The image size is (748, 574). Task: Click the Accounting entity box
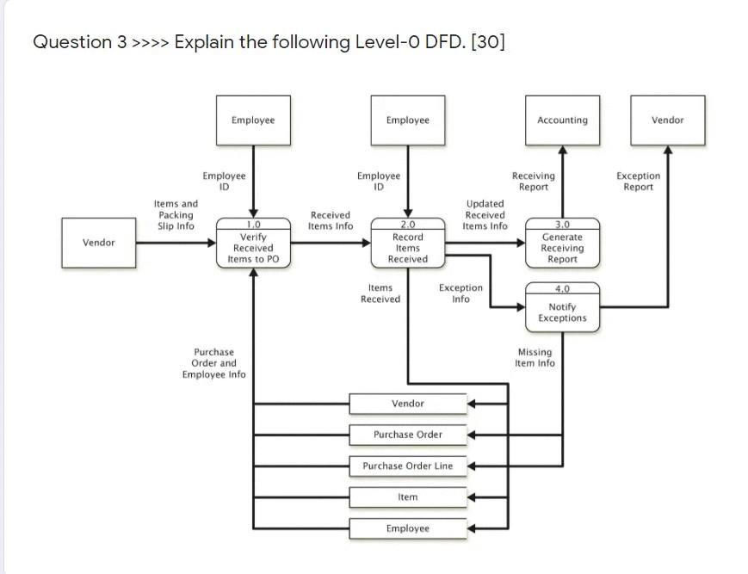click(x=562, y=120)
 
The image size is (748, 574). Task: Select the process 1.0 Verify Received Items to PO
click(x=253, y=244)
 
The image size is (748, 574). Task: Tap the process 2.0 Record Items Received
click(x=408, y=244)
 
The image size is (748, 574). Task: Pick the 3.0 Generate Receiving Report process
click(x=562, y=244)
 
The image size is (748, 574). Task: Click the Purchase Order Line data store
click(x=407, y=466)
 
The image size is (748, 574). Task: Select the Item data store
click(x=407, y=497)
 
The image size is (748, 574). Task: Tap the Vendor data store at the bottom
click(x=407, y=404)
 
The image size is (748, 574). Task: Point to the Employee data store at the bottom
click(x=407, y=528)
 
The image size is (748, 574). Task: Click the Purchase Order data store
click(x=407, y=435)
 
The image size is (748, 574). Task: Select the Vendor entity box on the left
click(x=99, y=243)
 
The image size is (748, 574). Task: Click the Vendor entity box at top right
click(x=668, y=120)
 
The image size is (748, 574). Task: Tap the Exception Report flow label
click(x=639, y=182)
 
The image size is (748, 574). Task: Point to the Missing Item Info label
click(x=535, y=358)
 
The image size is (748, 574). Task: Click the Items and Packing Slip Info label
click(x=176, y=215)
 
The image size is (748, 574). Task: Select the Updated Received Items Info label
click(x=485, y=215)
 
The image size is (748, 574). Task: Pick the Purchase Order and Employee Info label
click(x=214, y=363)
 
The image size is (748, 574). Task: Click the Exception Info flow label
click(x=461, y=293)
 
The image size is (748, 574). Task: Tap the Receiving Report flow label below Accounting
click(x=534, y=182)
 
